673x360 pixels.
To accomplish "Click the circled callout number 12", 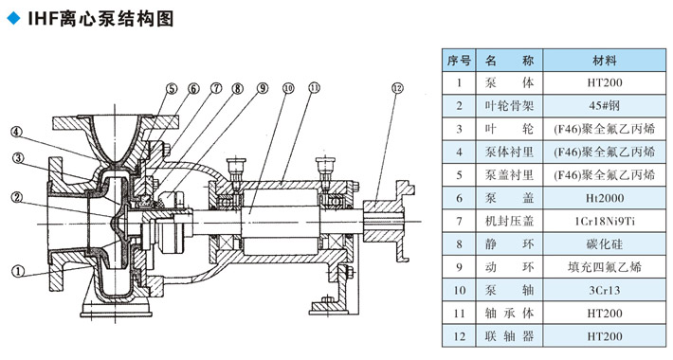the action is [397, 88].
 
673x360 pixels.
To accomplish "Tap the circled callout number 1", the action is [18, 271].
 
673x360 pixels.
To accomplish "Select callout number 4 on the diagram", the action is [16, 132].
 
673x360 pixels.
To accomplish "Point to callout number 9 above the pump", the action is [263, 88].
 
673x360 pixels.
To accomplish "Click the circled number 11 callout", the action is [314, 88].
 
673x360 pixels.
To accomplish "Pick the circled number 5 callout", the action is [172, 88].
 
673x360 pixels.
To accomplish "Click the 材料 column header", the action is [605, 61].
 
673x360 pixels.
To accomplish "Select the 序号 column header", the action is [459, 61].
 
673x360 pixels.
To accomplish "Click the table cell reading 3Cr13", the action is [605, 291].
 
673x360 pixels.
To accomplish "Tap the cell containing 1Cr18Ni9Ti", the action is [605, 222].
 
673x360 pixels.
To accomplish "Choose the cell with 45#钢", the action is [605, 106].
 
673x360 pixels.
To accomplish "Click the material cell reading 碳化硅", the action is [605, 244].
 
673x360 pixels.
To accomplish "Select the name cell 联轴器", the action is [509, 336].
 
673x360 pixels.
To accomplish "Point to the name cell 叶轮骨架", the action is [509, 106].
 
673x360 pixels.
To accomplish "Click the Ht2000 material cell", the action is [605, 198].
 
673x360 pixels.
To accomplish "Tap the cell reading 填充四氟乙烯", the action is [605, 267].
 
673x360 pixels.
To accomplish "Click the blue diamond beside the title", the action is [13, 18].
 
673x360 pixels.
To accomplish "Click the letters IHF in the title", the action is [43, 19].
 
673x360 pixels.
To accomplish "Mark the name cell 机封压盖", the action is [509, 222].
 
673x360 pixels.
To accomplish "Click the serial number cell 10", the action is [459, 291].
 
